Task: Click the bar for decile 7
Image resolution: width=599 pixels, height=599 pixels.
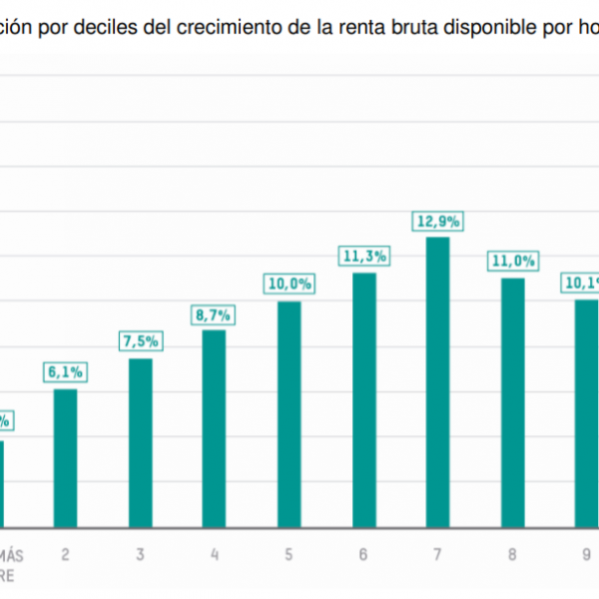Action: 437,381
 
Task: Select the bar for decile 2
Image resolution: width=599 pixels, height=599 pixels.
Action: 65,457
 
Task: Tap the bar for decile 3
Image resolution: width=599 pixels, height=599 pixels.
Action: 140,442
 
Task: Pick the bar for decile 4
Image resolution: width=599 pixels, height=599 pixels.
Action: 214,427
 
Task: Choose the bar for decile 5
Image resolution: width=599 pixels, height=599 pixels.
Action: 289,413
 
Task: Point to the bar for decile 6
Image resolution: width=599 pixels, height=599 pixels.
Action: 363,399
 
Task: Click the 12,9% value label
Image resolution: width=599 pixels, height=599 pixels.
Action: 437,222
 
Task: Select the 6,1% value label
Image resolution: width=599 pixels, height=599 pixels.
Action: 65,372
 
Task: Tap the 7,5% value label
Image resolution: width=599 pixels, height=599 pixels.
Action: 140,342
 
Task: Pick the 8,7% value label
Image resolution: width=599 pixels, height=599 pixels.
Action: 214,314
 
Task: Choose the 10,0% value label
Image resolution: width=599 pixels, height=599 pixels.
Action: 290,285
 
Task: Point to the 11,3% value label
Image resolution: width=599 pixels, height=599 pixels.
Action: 363,257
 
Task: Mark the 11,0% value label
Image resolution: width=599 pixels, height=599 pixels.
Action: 512,262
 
